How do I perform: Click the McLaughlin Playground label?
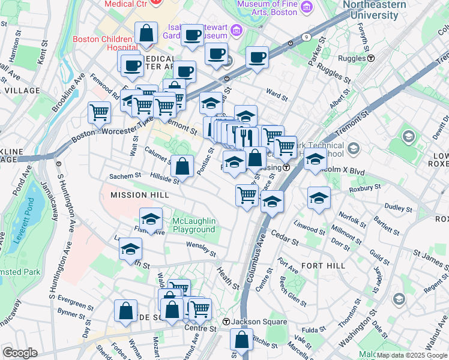[193, 225]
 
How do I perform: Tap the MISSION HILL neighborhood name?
[134, 195]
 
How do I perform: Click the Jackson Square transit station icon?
[226, 322]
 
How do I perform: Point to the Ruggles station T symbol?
[372, 59]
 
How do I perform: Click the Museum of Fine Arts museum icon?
[307, 7]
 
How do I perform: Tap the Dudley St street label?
[397, 208]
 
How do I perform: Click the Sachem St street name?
[124, 176]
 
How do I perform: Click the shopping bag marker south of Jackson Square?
[241, 339]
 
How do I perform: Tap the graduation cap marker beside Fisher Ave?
[151, 218]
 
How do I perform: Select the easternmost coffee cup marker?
[257, 58]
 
